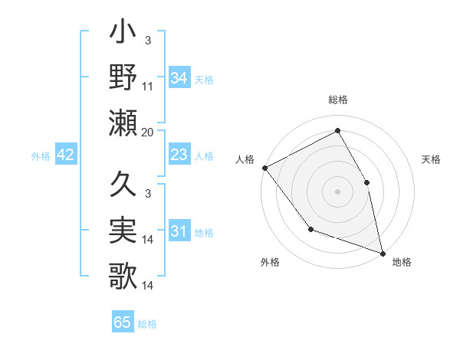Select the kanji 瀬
pos(123,123)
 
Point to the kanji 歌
pos(123,276)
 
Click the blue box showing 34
pos(179,77)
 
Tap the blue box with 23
pos(179,155)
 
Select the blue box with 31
pos(179,232)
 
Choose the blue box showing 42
pos(66,155)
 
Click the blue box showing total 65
pos(123,322)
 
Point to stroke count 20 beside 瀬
pos(148,133)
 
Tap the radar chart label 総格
pos(338,100)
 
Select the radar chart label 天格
pos(432,159)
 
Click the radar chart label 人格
pos(245,159)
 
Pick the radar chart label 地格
pos(402,262)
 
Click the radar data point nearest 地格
pos(382,253)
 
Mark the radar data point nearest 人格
pos(264,168)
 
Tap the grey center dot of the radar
pos(338,191)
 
